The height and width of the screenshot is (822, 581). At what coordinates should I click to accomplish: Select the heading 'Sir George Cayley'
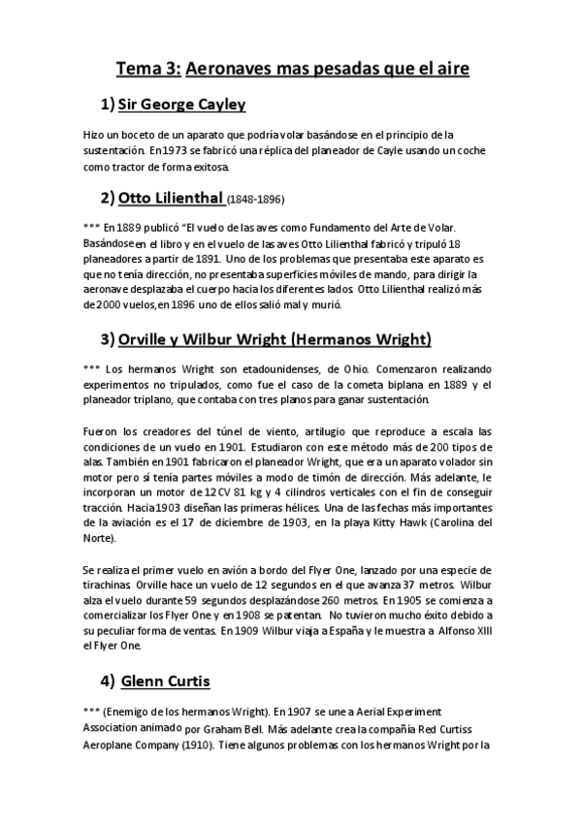[x=181, y=104]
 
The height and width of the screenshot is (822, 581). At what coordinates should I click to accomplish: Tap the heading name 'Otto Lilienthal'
[x=171, y=200]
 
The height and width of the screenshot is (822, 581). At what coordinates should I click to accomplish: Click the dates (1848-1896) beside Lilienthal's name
[x=255, y=202]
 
